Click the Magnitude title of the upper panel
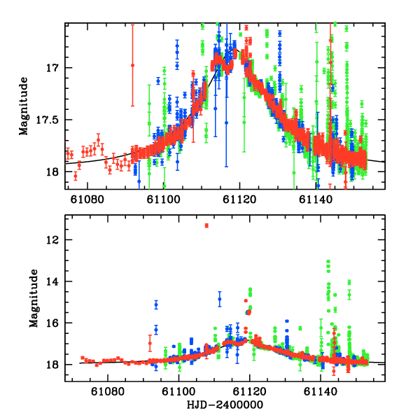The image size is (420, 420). pyautogui.click(x=24, y=106)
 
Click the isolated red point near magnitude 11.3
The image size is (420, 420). pyautogui.click(x=206, y=225)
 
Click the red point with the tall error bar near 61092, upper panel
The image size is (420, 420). pyautogui.click(x=132, y=65)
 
